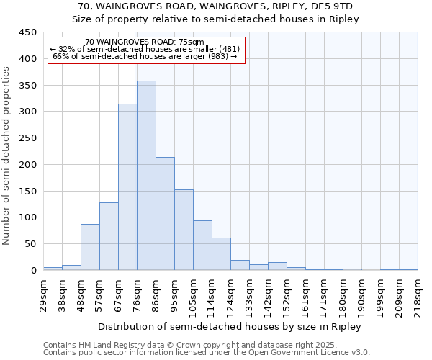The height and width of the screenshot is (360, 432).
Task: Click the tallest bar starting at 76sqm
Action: pos(146,176)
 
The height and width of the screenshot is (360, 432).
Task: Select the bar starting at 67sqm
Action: pos(127,187)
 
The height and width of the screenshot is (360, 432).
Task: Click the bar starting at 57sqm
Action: pos(109,236)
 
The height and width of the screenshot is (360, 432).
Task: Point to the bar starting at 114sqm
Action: pos(221,254)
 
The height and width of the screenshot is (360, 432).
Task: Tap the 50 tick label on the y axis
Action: pos(30,244)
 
